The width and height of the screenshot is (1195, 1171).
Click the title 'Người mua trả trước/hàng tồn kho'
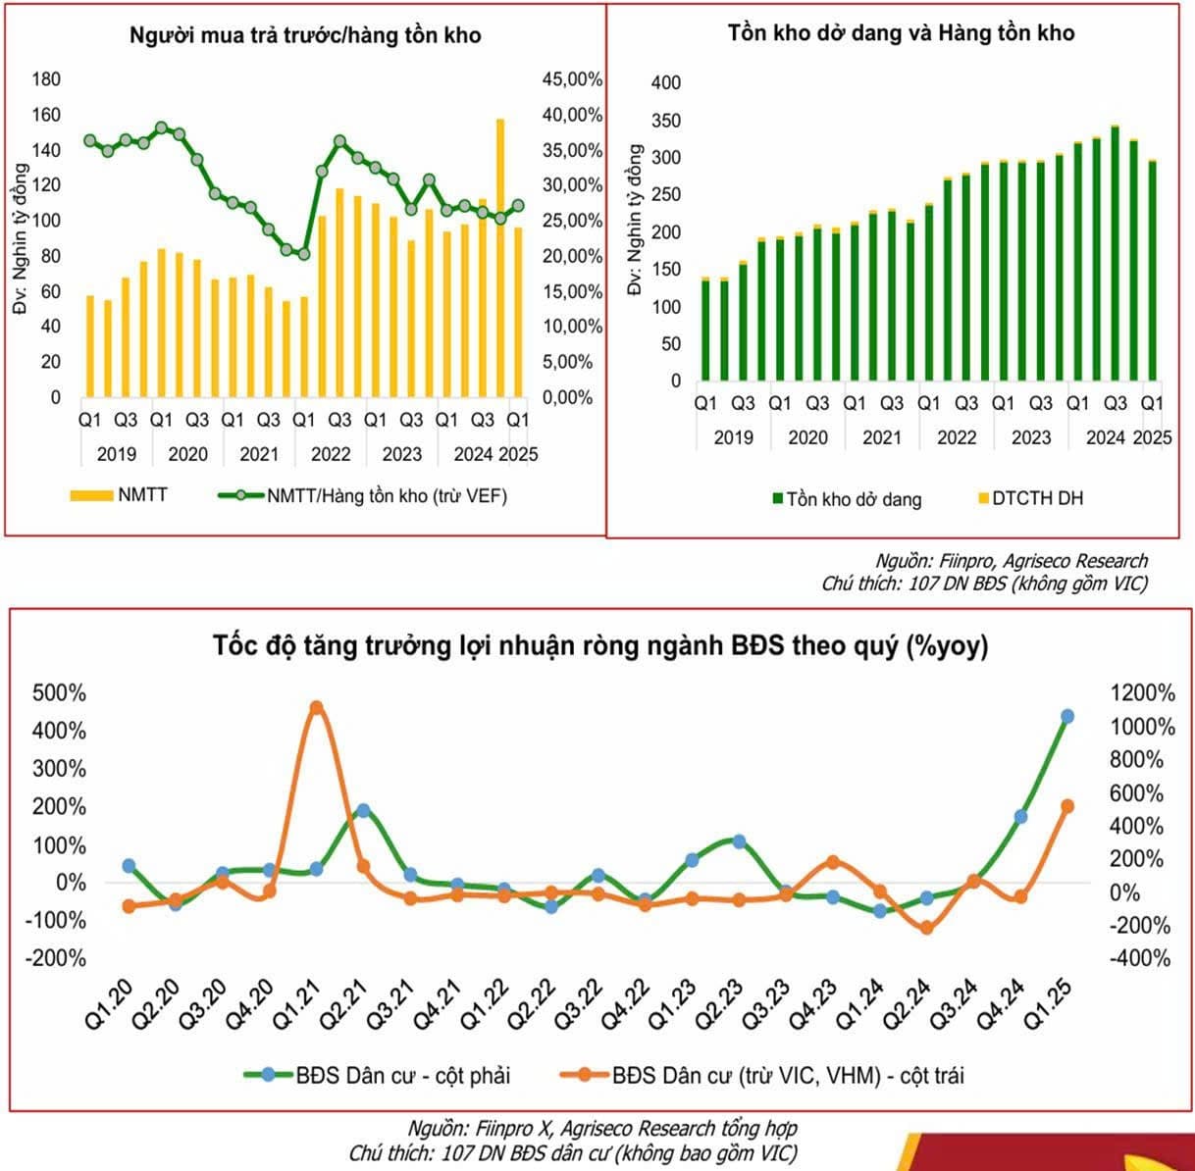tap(305, 35)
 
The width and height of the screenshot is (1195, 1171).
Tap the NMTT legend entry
tap(119, 495)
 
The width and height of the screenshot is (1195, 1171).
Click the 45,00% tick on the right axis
tap(572, 79)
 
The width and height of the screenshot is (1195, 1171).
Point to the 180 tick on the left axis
tap(46, 79)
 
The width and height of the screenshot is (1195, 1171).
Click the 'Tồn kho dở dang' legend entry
tap(848, 499)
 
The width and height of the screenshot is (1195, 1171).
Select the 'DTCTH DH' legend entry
tap(1031, 498)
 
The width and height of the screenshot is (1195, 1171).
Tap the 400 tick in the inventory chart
tap(666, 83)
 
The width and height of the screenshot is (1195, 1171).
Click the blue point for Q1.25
tap(1067, 717)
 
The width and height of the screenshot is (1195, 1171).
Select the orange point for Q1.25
tap(1067, 806)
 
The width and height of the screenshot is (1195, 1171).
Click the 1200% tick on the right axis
tap(1142, 693)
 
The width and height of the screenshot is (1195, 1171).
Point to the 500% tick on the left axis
tap(59, 693)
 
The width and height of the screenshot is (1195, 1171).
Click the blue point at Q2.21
tap(363, 811)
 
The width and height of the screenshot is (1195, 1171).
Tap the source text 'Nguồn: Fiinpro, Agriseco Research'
tap(1012, 561)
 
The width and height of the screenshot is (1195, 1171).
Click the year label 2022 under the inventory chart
tap(957, 438)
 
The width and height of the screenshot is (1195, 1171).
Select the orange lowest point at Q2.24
tap(926, 927)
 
